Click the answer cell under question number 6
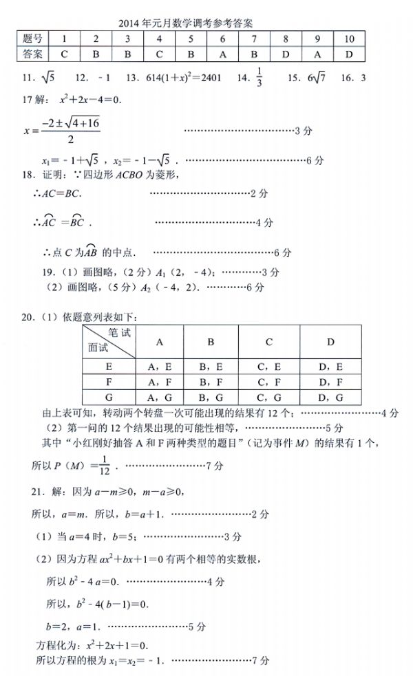click(x=222, y=54)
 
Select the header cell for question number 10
click(x=349, y=39)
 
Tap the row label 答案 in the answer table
click(x=32, y=54)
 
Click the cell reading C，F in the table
click(x=269, y=382)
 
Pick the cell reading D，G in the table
click(x=330, y=397)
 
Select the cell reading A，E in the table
click(x=160, y=367)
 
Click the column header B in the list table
click(x=211, y=342)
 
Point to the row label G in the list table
click(x=109, y=397)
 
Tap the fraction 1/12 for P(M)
click(x=105, y=467)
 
